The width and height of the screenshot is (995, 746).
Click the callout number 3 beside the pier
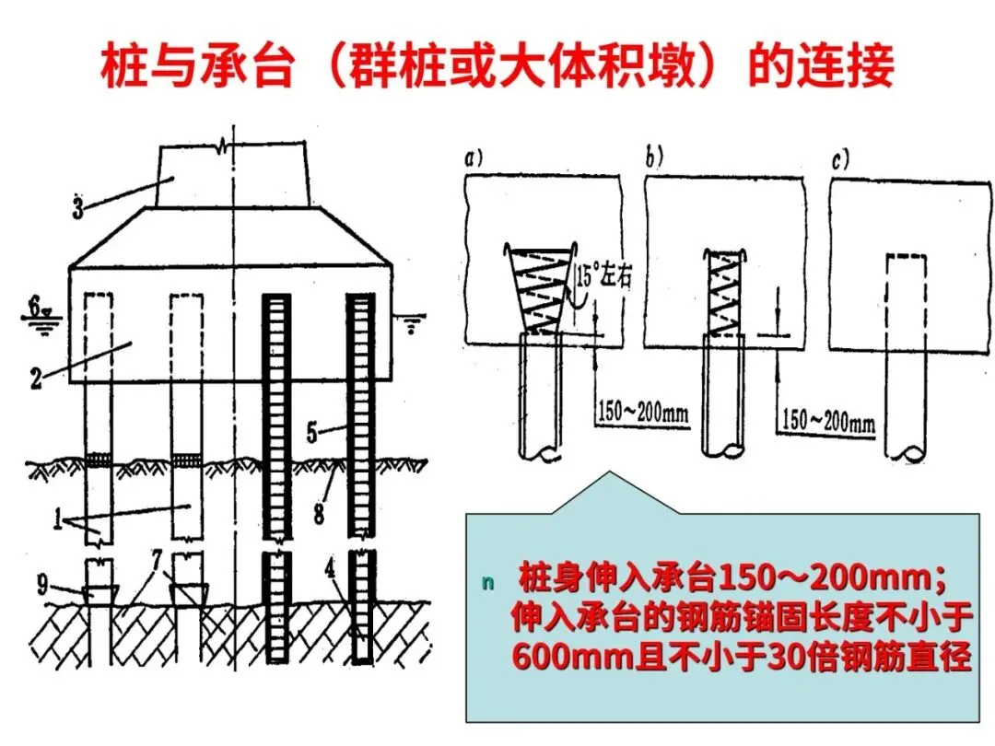click(x=78, y=208)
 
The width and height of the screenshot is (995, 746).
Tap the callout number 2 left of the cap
click(x=36, y=379)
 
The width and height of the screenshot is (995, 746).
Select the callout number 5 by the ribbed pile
click(x=312, y=433)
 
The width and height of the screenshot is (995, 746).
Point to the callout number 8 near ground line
click(x=319, y=513)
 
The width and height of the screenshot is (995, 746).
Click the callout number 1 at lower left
click(x=58, y=519)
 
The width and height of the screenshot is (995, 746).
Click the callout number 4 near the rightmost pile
click(x=330, y=568)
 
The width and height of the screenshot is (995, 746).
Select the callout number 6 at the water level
click(x=35, y=307)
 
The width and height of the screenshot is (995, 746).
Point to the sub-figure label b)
click(x=654, y=156)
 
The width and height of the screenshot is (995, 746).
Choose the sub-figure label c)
click(x=840, y=160)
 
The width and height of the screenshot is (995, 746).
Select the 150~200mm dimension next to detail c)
click(x=828, y=421)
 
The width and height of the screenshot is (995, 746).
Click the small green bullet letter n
click(x=487, y=582)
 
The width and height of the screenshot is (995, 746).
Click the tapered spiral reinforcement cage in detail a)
click(x=538, y=288)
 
